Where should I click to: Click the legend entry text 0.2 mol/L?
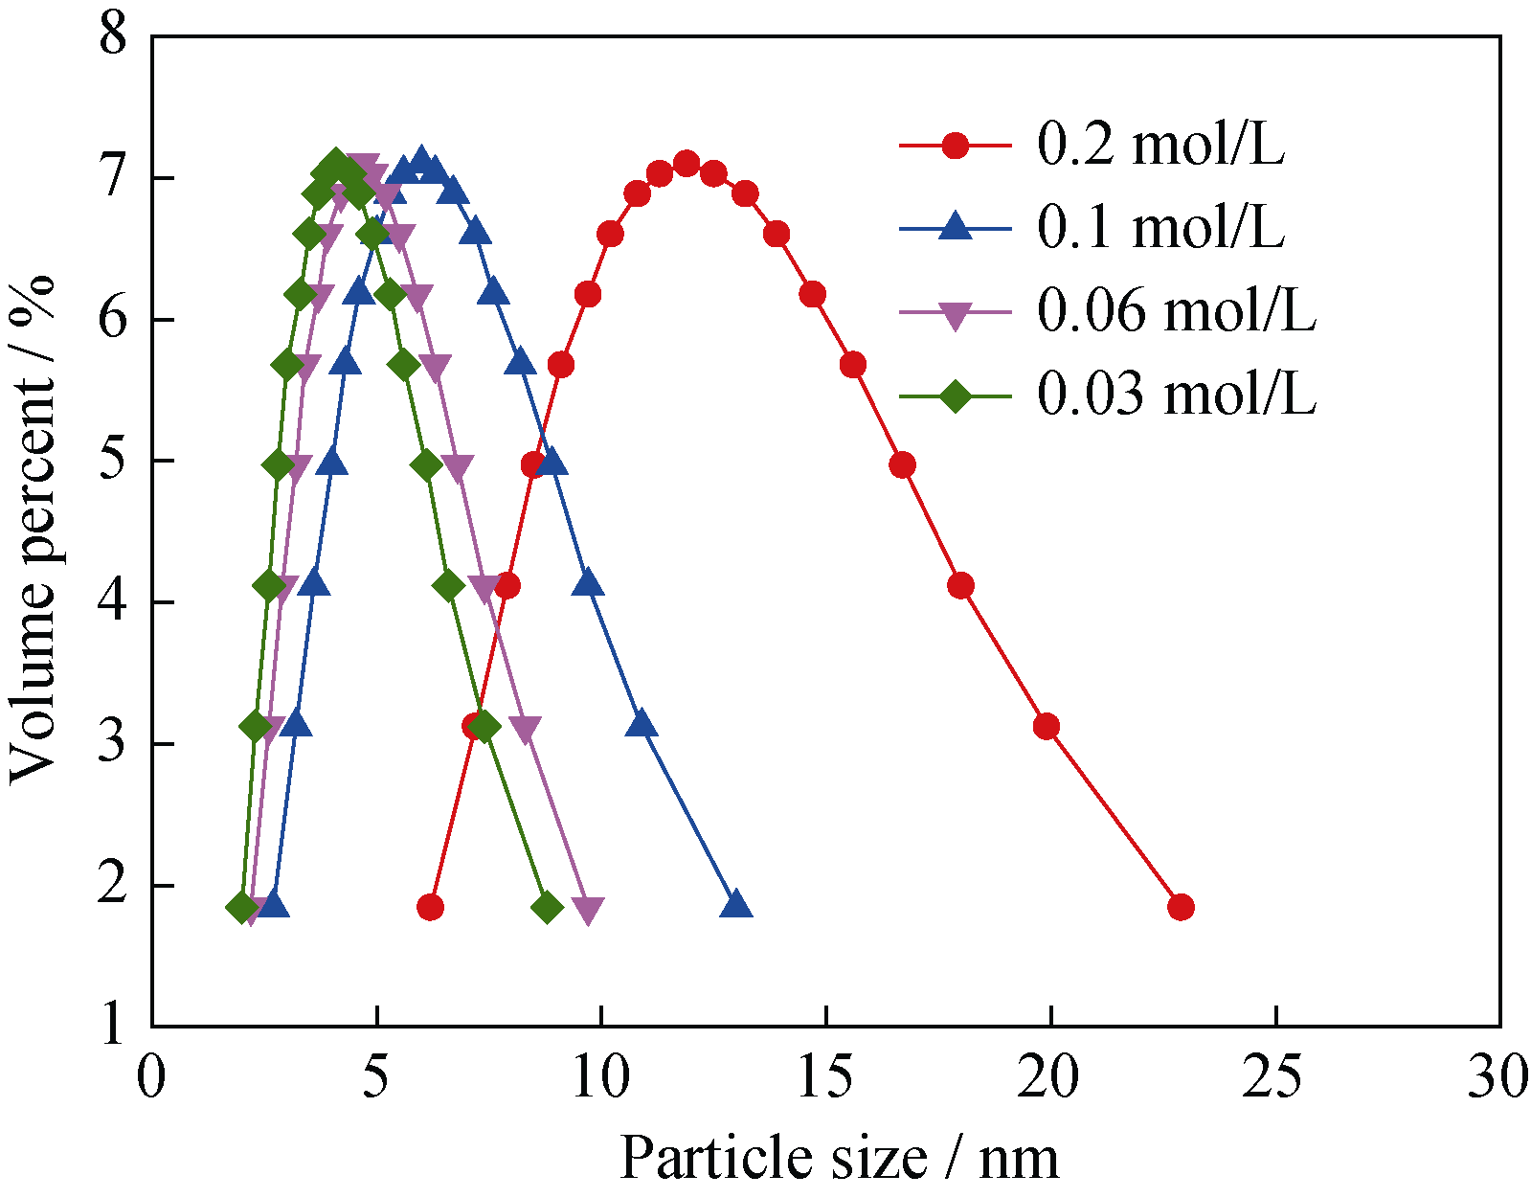(x=1160, y=146)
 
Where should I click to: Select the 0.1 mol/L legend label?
(x=1160, y=228)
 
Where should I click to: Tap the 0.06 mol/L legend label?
(x=1177, y=311)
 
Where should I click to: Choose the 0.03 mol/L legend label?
(x=1177, y=394)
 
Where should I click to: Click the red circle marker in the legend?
(x=955, y=146)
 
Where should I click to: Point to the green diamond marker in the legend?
(x=955, y=395)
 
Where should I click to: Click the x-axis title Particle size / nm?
(x=840, y=1157)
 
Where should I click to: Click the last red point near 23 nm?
(x=1181, y=907)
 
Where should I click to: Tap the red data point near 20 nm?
(x=1047, y=727)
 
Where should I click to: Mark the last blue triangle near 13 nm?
(x=736, y=905)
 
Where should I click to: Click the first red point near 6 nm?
(x=431, y=907)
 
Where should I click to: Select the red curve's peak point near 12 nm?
(x=687, y=163)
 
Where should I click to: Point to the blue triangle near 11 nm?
(x=642, y=723)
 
